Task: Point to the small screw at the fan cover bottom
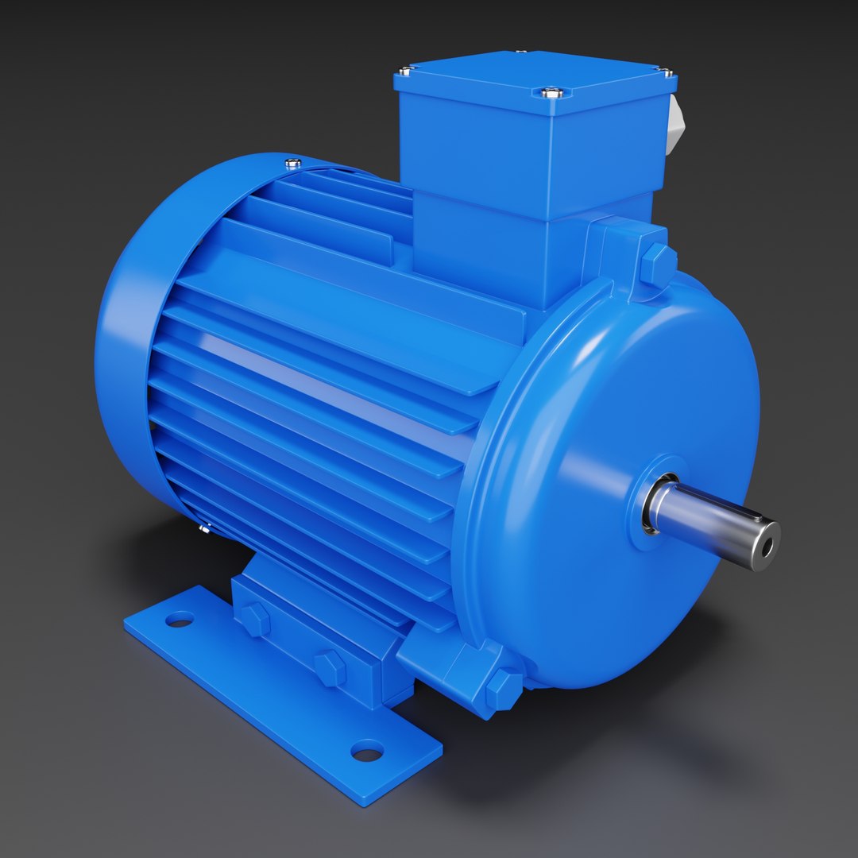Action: click(204, 526)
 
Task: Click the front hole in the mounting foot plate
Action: click(367, 749)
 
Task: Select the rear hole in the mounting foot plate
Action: click(180, 618)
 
